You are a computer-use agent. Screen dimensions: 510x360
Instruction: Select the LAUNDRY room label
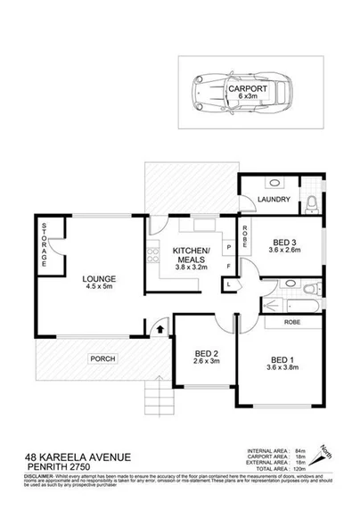coord(269,200)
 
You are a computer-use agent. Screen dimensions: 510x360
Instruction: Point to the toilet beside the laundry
coord(307,204)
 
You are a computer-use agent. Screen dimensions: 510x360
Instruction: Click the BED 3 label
coord(283,241)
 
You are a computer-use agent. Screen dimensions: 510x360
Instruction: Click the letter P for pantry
coord(230,247)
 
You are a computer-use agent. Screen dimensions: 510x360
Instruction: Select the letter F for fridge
coord(230,266)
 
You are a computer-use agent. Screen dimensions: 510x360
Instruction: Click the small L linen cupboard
coord(230,284)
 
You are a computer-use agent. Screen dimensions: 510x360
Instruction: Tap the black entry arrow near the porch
coord(160,330)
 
